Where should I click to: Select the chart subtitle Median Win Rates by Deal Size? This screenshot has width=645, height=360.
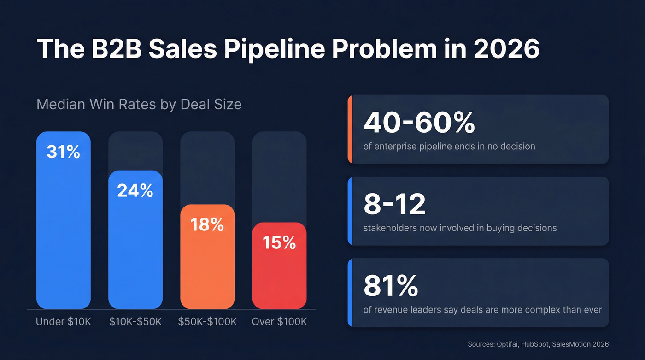pyautogui.click(x=139, y=104)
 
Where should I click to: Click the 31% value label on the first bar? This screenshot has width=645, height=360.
pyautogui.click(x=63, y=152)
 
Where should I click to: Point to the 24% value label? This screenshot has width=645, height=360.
pyautogui.click(x=135, y=190)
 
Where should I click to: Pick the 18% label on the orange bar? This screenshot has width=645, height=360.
pyautogui.click(x=207, y=224)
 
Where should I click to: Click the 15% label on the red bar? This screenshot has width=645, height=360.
pyautogui.click(x=279, y=242)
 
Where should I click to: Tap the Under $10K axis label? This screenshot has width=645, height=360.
pyautogui.click(x=64, y=321)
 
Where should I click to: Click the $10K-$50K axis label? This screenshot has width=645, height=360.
pyautogui.click(x=135, y=321)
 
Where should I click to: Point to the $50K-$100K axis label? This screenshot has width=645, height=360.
pyautogui.click(x=207, y=321)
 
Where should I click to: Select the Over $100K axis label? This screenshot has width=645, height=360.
pyautogui.click(x=279, y=321)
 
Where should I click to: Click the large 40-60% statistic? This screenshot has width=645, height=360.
pyautogui.click(x=419, y=123)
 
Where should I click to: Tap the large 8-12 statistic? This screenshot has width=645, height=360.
pyautogui.click(x=394, y=204)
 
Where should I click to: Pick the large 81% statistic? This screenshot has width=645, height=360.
pyautogui.click(x=391, y=286)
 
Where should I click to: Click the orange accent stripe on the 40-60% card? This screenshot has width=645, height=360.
pyautogui.click(x=350, y=130)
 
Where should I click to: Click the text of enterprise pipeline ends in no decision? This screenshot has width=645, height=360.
pyautogui.click(x=449, y=147)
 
